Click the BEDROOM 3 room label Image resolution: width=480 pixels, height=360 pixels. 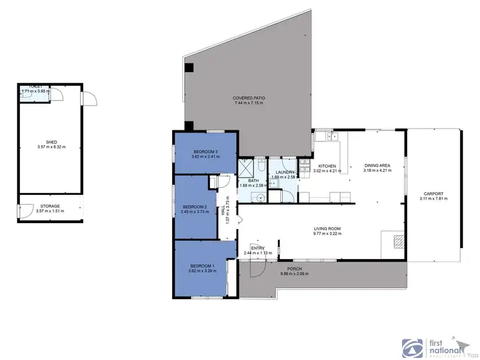[205, 152]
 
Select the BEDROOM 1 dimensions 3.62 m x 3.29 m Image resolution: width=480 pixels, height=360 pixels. [202, 271]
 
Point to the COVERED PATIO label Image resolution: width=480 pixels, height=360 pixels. [249, 97]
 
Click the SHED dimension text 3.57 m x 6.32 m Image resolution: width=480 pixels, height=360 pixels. [51, 148]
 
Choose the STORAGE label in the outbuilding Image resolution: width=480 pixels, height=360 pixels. [51, 206]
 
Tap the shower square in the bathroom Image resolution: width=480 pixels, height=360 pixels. [246, 168]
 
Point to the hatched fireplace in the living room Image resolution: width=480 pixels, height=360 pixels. [397, 241]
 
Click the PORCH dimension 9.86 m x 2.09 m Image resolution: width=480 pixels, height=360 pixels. [294, 274]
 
